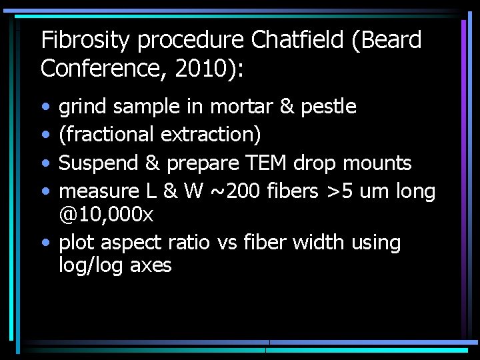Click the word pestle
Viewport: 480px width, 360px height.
click(329, 107)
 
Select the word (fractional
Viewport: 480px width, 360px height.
click(107, 135)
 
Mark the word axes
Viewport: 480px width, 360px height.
click(151, 266)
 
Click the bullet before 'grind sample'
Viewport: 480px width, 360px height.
click(45, 107)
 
